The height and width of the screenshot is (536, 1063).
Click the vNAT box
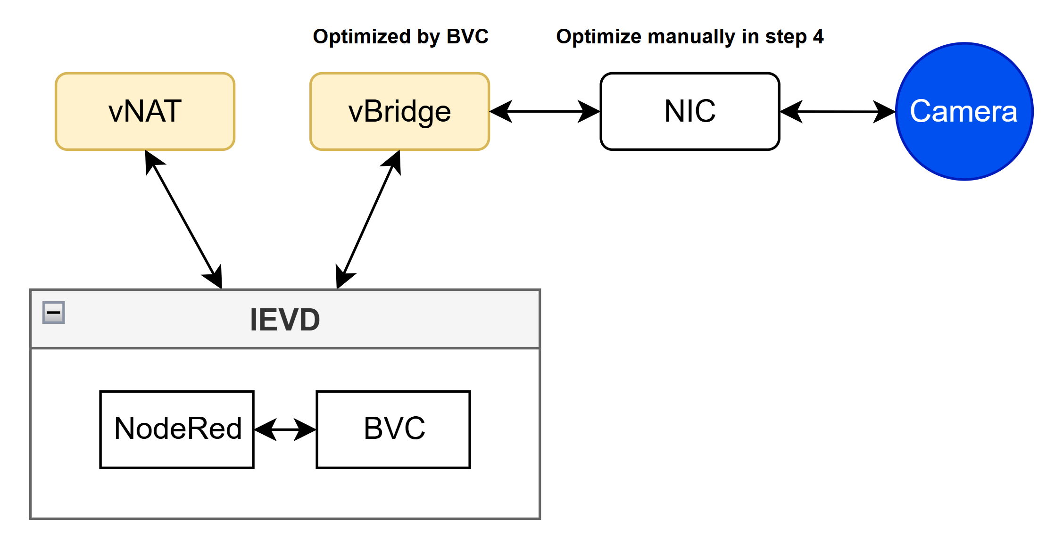[x=145, y=112]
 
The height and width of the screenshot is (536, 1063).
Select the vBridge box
[x=399, y=112]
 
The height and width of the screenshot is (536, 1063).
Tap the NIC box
[x=689, y=112]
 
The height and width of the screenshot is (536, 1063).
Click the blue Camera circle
[x=964, y=112]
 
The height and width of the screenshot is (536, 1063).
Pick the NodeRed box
[x=177, y=429]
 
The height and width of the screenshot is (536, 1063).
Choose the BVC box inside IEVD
[x=393, y=429]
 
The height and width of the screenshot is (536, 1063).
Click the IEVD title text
[x=285, y=320]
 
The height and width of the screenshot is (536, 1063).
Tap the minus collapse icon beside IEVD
[x=54, y=313]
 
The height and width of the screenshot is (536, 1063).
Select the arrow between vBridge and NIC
[x=545, y=112]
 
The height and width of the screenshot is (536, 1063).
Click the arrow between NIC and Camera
[x=837, y=112]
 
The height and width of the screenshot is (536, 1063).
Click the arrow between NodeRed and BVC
[x=285, y=429]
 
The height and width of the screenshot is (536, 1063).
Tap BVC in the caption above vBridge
[x=467, y=37]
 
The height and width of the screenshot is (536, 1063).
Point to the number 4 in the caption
[x=818, y=37]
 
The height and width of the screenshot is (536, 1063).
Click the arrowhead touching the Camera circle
[x=885, y=112]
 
